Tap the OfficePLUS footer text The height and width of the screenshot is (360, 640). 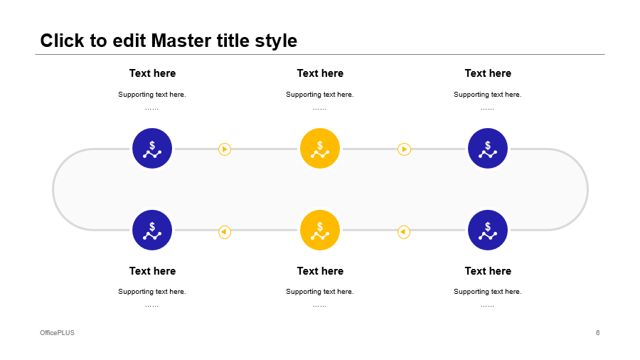57,333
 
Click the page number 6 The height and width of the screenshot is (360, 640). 597,333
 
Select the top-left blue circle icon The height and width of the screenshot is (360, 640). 152,148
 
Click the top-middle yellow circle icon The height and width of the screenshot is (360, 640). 320,148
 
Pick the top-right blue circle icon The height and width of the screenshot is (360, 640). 488,148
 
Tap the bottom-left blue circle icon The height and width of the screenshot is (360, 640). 152,230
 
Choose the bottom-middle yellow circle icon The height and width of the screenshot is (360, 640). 320,230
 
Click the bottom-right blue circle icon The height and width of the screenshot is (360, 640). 488,230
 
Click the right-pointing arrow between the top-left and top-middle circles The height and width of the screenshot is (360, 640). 225,149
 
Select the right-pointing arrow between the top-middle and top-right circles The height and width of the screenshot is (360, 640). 404,149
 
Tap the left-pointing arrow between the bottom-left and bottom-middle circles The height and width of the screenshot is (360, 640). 225,232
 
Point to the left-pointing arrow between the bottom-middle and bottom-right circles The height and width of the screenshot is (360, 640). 404,232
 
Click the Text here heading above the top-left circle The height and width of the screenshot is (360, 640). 152,73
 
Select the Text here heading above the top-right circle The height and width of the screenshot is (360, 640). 488,73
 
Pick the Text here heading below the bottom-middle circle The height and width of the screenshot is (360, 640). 320,270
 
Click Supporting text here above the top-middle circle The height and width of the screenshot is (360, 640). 319,95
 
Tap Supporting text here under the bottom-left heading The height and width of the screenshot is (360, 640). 152,292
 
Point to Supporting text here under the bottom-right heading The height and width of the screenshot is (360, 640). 487,292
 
